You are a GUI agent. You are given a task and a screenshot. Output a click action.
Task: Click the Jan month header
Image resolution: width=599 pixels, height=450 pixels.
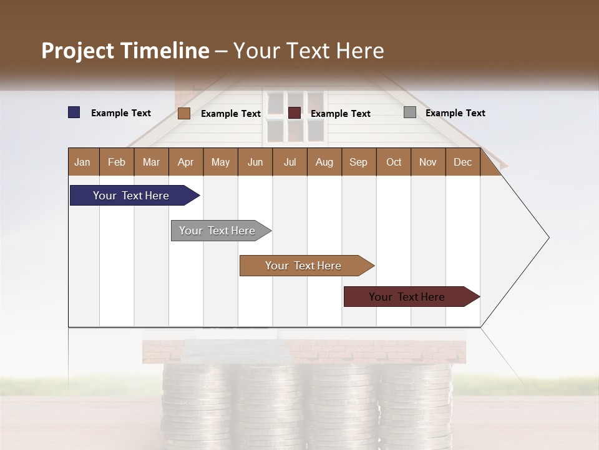[x=82, y=162]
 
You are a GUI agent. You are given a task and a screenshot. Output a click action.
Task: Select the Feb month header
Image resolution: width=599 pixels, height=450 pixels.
[x=117, y=162]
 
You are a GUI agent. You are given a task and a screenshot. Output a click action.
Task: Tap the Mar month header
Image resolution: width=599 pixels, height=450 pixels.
[x=151, y=162]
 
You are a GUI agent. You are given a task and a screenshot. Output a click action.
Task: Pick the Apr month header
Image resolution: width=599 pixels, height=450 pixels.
[x=186, y=162]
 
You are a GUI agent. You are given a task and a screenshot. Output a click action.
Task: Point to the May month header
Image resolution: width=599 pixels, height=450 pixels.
[x=220, y=162]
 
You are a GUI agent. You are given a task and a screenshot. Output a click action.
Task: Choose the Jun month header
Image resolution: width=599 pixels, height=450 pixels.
[x=255, y=162]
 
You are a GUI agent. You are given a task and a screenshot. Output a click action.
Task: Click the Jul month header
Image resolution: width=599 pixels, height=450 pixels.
[x=290, y=162]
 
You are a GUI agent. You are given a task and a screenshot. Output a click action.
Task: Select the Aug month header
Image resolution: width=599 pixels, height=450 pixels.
[x=324, y=162]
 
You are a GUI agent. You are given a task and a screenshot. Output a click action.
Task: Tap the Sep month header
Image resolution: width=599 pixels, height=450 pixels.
[x=358, y=162]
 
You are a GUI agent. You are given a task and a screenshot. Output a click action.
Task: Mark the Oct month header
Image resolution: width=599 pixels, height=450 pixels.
[x=394, y=162]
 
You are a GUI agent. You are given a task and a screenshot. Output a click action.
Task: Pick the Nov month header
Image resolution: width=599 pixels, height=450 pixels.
[x=428, y=162]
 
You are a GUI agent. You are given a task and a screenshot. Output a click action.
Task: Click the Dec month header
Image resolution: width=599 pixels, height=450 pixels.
[x=462, y=162]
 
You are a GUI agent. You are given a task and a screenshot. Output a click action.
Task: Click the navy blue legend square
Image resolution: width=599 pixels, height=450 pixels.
[x=74, y=112]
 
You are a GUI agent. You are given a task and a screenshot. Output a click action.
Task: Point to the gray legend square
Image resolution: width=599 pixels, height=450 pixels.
[x=410, y=112]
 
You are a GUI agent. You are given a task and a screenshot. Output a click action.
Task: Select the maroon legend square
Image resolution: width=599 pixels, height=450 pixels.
[x=295, y=113]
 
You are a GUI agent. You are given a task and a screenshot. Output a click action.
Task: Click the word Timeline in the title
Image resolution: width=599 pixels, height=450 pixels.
[x=165, y=51]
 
